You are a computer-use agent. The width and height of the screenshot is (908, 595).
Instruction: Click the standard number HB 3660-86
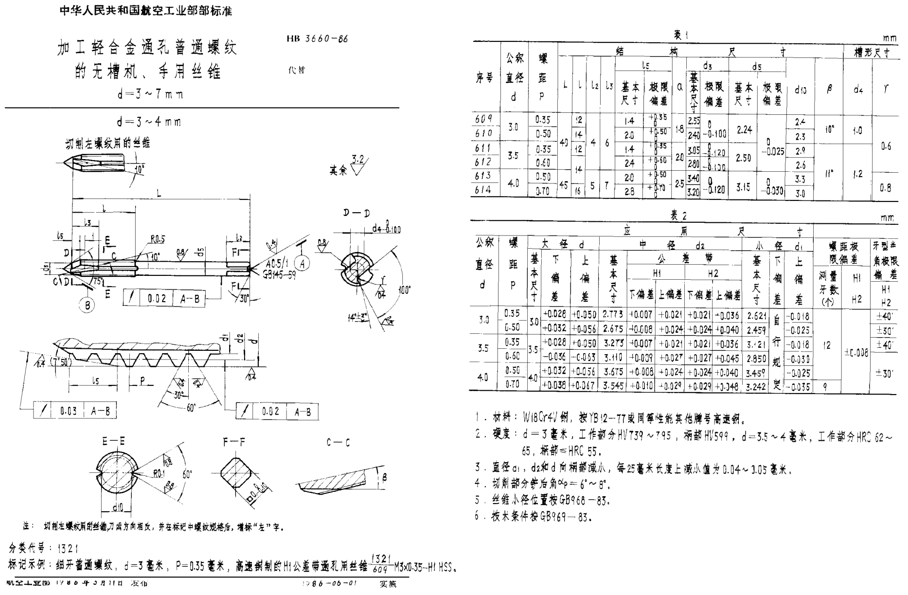[318, 38]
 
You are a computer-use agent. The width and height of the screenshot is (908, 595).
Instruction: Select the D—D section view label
[356, 213]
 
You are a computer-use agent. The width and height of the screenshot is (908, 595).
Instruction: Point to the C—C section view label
[338, 443]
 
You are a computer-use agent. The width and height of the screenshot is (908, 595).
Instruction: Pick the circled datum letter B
[87, 306]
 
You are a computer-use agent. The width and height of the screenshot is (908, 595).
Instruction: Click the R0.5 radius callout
[158, 239]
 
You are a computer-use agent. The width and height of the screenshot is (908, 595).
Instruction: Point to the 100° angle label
[404, 290]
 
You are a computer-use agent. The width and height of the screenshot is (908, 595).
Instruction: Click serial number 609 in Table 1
[483, 119]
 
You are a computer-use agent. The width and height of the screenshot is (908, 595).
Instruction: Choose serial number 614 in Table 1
[483, 191]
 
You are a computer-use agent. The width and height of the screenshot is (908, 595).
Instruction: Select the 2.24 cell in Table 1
[744, 129]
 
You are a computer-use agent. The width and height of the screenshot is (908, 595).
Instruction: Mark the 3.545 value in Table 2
[612, 386]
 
